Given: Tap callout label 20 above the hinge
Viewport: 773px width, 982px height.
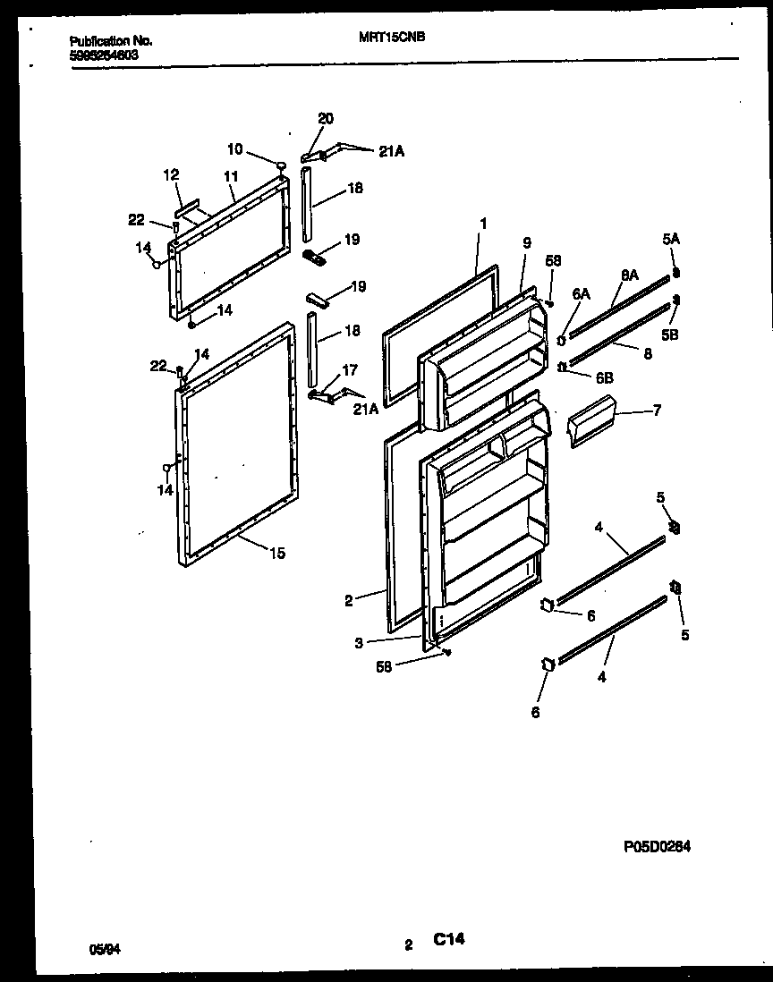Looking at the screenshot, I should (x=326, y=119).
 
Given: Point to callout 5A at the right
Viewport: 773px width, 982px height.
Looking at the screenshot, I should (x=671, y=240).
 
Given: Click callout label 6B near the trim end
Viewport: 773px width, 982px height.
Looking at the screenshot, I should (x=604, y=378).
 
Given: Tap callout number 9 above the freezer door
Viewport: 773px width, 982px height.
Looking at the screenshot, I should (x=526, y=241).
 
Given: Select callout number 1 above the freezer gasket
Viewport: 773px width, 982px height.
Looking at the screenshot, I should (x=483, y=223).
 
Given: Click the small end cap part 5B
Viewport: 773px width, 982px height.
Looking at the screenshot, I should (x=676, y=301).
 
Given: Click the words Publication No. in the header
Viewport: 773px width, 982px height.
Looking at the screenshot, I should (x=110, y=41).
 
